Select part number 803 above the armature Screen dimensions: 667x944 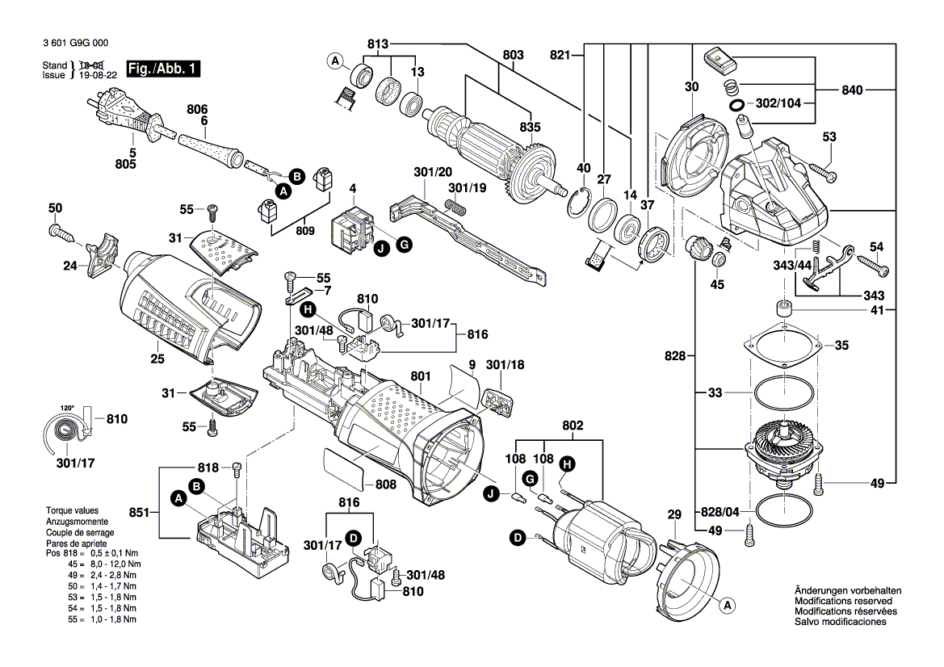pyautogui.click(x=512, y=55)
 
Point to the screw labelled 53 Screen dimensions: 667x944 pyautogui.click(x=823, y=172)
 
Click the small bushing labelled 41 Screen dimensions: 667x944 pyautogui.click(x=782, y=308)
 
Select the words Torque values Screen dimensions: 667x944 pyautogui.click(x=72, y=511)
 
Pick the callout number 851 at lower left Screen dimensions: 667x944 pyautogui.click(x=138, y=511)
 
